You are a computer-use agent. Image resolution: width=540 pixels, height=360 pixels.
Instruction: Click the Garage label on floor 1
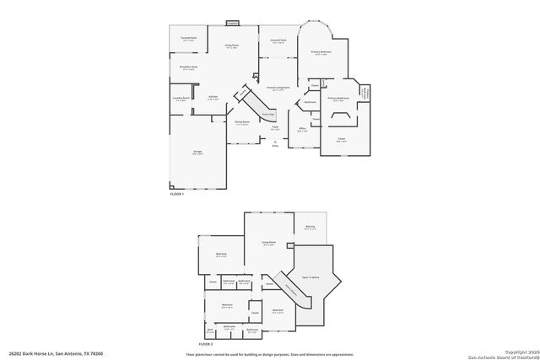click(x=197, y=152)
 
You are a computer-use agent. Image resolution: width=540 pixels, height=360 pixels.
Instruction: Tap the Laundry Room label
click(x=180, y=99)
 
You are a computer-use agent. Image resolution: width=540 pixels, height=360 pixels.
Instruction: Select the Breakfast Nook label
click(x=188, y=67)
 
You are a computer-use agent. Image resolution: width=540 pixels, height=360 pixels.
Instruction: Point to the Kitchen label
click(x=213, y=97)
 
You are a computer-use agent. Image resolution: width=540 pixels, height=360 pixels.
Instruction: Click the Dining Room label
click(x=241, y=122)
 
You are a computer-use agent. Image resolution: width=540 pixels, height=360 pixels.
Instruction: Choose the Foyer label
click(x=275, y=127)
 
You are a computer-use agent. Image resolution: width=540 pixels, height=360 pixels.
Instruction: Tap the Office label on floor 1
click(x=301, y=129)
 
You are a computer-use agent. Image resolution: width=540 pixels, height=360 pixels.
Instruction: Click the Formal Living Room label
click(x=278, y=88)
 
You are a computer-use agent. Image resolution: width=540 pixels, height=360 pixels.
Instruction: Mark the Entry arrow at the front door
click(x=274, y=142)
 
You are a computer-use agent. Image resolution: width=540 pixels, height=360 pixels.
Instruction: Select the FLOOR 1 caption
click(x=176, y=193)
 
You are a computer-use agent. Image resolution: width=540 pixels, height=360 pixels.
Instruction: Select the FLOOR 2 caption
click(x=206, y=344)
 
